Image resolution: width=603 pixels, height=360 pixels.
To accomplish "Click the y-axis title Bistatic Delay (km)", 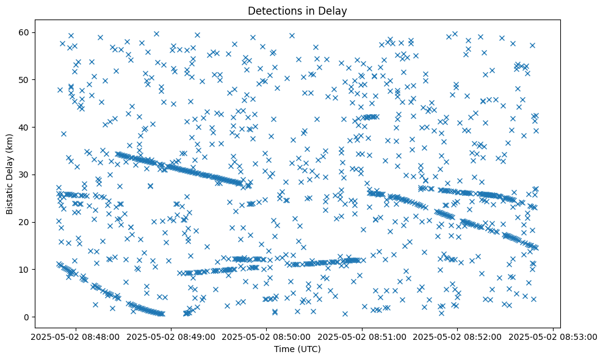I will pos(10,166).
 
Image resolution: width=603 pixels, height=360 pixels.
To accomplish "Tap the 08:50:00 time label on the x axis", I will pos(266,336).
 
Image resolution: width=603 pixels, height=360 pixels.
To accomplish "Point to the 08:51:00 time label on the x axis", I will pos(362,336).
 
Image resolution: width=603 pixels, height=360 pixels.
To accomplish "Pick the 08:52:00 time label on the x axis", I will pos(458,336).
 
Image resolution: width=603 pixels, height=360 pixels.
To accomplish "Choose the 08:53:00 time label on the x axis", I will pos(553,336).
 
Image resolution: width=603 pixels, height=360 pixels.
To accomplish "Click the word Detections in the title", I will pos(272,10).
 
